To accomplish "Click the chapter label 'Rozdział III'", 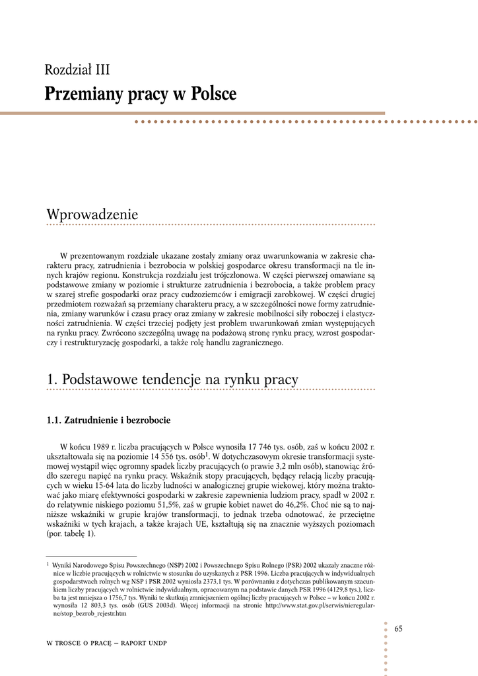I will (x=77, y=69).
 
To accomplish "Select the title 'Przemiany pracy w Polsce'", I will (x=140, y=94).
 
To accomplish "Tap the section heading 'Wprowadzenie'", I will (x=92, y=215).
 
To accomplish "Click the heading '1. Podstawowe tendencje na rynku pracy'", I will (x=172, y=380).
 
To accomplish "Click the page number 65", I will (x=398, y=628).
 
